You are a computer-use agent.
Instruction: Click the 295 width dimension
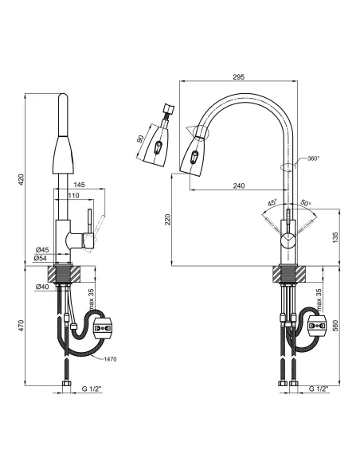[x=238, y=76]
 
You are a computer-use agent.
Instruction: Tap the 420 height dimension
[x=21, y=180]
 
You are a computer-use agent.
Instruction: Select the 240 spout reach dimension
[x=239, y=186]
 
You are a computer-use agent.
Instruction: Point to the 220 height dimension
[x=168, y=220]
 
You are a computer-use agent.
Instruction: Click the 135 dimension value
[x=335, y=238]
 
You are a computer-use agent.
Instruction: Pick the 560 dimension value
[x=335, y=326]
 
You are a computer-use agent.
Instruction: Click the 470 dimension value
[x=21, y=326]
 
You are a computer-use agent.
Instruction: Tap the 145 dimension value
[x=79, y=185]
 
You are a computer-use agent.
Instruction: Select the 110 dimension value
[x=73, y=196]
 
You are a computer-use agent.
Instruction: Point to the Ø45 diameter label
[x=42, y=250]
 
